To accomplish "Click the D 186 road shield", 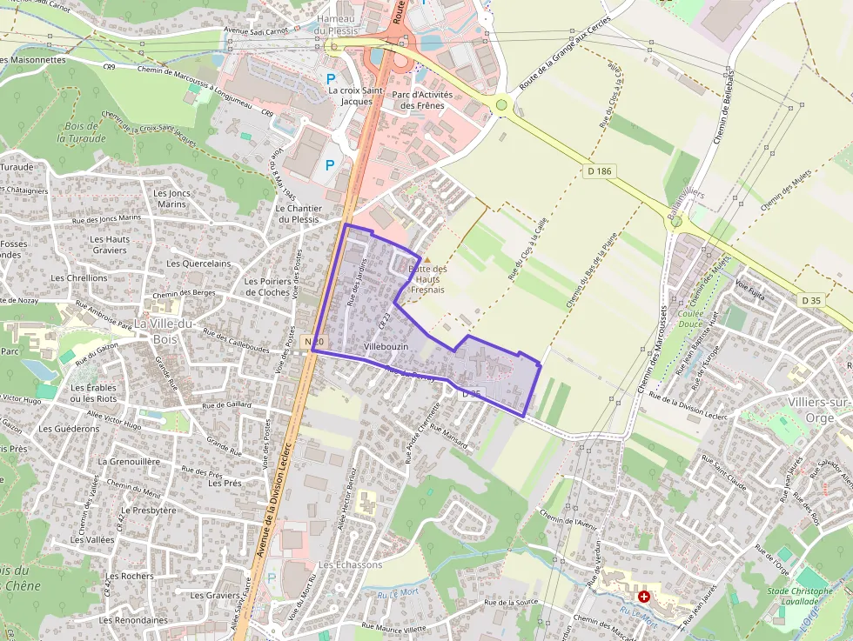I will point(600,171).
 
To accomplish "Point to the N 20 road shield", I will point(314,343).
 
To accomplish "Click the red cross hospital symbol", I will point(644,597).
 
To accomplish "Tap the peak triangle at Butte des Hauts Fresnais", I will point(426,258).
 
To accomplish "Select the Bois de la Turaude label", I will point(81,132).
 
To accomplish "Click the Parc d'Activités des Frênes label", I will point(418,100).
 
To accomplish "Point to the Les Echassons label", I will point(350,564).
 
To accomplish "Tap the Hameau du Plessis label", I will point(336,24).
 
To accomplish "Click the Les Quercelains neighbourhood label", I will point(198,264).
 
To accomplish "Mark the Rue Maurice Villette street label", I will point(393,627).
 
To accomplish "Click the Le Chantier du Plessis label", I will point(299,214).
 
